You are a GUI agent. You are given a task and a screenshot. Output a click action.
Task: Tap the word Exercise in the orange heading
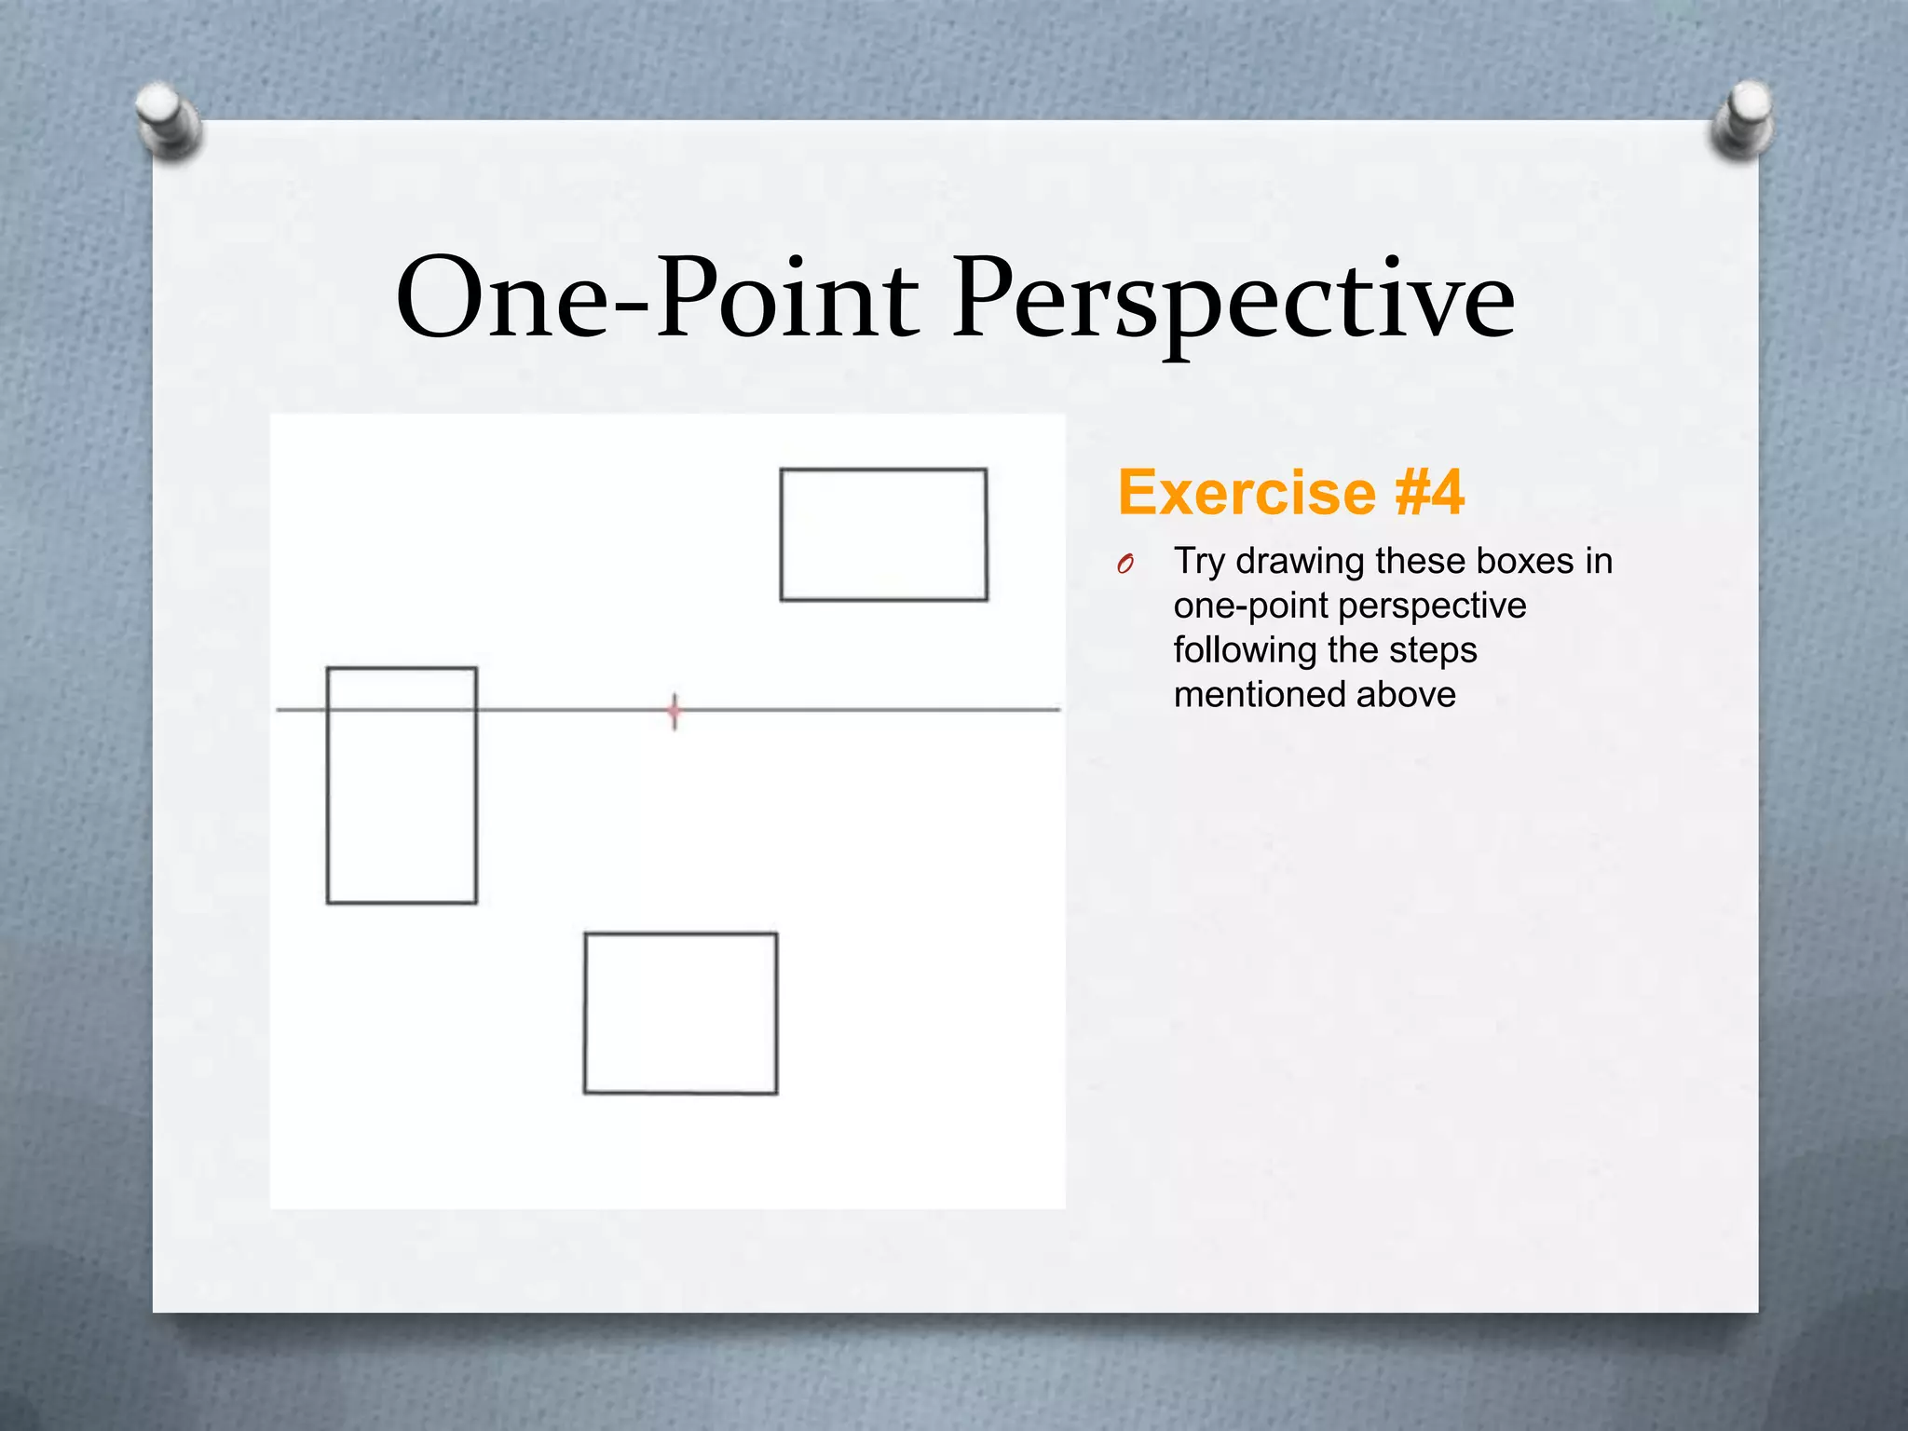[1247, 493]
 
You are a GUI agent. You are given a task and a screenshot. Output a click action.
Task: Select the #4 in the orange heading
[1429, 493]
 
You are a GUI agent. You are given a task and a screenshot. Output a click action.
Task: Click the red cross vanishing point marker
[675, 712]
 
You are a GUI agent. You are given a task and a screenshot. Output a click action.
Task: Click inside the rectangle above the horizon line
[883, 535]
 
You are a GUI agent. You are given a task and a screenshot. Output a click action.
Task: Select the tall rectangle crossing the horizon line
[402, 785]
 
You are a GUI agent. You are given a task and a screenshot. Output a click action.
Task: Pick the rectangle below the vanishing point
[680, 1014]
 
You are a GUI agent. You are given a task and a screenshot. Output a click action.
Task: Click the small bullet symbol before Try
[1125, 564]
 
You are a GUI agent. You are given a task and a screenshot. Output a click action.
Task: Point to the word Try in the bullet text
[1199, 562]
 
